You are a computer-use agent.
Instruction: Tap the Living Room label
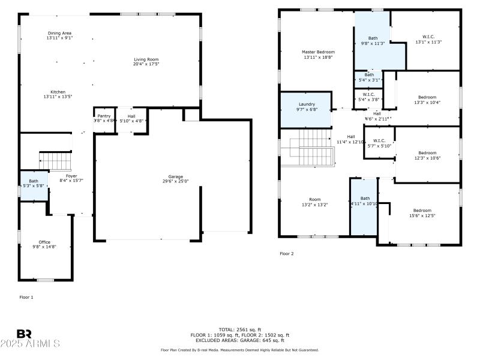(x=146, y=59)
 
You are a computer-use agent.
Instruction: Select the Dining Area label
(x=60, y=33)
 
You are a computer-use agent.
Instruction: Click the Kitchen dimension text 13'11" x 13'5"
(x=58, y=97)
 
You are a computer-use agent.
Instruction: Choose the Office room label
(x=44, y=242)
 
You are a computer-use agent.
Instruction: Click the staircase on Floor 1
(x=55, y=161)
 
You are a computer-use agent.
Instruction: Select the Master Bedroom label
(x=318, y=52)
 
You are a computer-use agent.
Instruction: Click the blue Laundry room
(x=306, y=109)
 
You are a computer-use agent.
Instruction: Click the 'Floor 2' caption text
(x=287, y=254)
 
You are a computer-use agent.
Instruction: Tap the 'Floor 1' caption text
(x=26, y=297)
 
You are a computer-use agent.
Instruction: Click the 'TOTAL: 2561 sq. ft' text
(x=239, y=329)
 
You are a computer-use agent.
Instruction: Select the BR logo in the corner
(x=24, y=334)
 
